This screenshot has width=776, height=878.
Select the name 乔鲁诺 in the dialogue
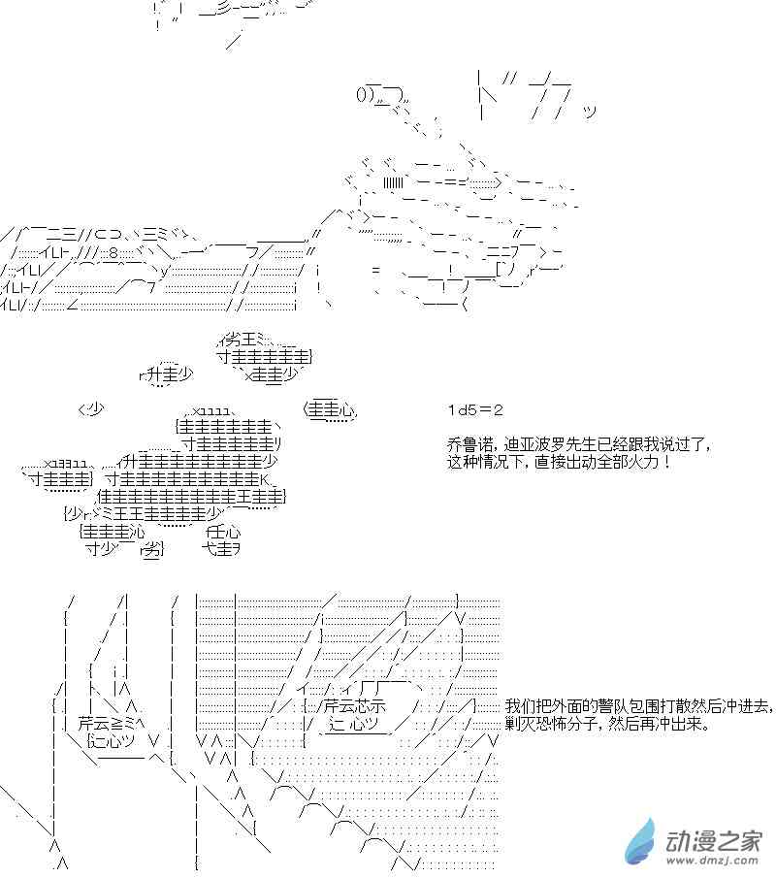pyautogui.click(x=463, y=444)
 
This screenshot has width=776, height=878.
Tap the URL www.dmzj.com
pyautogui.click(x=712, y=861)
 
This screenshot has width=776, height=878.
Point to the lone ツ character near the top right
pyautogui.click(x=590, y=113)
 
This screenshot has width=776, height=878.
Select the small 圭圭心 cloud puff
pyautogui.click(x=331, y=410)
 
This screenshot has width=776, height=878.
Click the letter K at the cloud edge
pyautogui.click(x=263, y=479)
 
